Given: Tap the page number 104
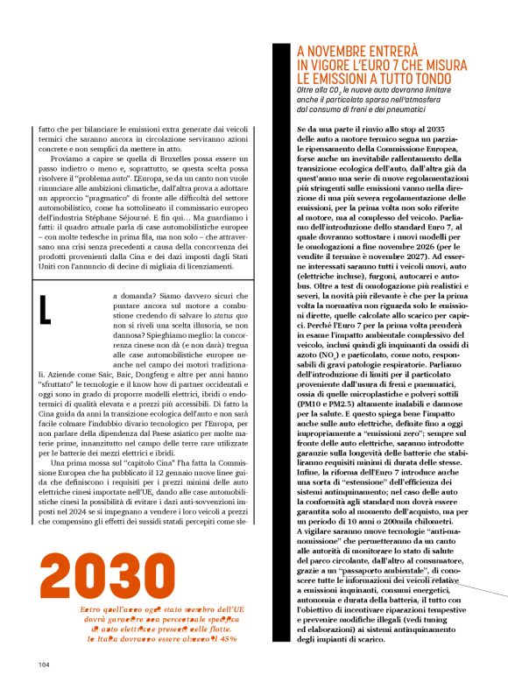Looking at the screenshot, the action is pos(45,664).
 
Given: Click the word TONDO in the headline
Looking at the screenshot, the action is pos(454,78).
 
